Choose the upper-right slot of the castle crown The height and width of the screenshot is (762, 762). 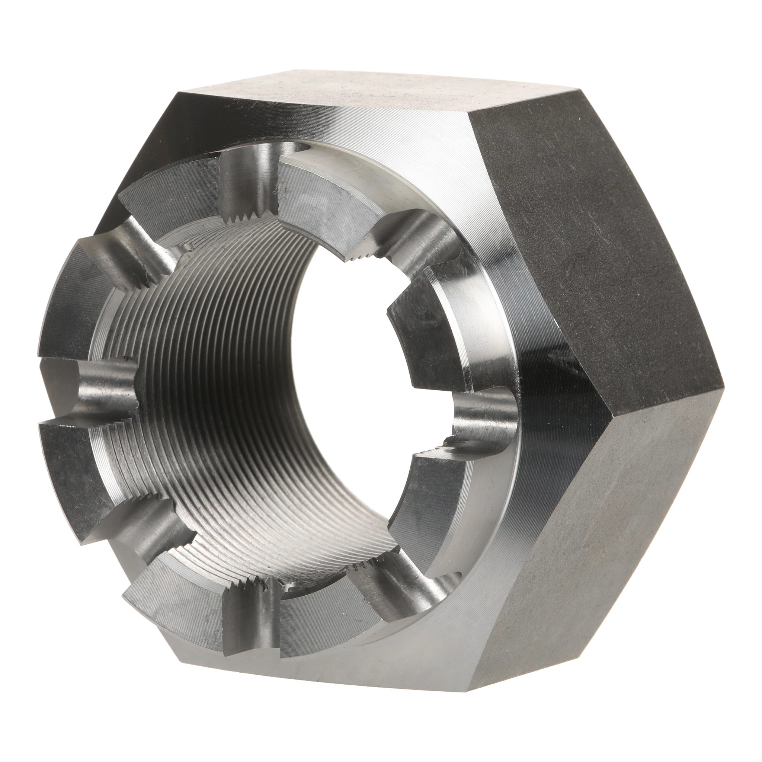[418, 233]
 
